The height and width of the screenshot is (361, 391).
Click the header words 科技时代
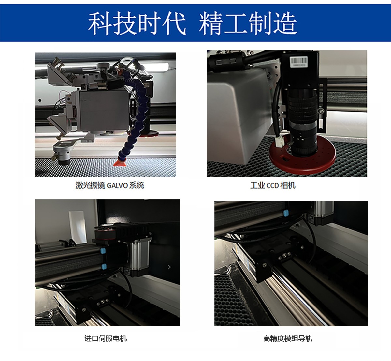point(137,24)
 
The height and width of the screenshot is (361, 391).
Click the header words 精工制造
point(248,24)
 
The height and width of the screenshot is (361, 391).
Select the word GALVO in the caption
point(117,186)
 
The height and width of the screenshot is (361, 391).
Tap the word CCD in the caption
point(272,186)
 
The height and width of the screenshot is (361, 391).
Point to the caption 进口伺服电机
point(106,338)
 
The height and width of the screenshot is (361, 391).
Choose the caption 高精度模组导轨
point(287,338)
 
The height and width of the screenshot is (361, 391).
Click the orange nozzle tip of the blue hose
point(120,162)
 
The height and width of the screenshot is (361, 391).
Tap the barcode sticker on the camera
point(298,62)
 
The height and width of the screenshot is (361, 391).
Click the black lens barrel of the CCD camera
point(302,121)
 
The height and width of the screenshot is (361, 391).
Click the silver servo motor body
point(139,255)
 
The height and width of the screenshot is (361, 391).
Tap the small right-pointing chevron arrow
point(169,267)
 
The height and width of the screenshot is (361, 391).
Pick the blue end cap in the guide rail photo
point(286,213)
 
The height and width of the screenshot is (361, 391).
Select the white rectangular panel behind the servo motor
point(77,227)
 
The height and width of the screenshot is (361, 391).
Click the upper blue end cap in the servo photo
point(103,251)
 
